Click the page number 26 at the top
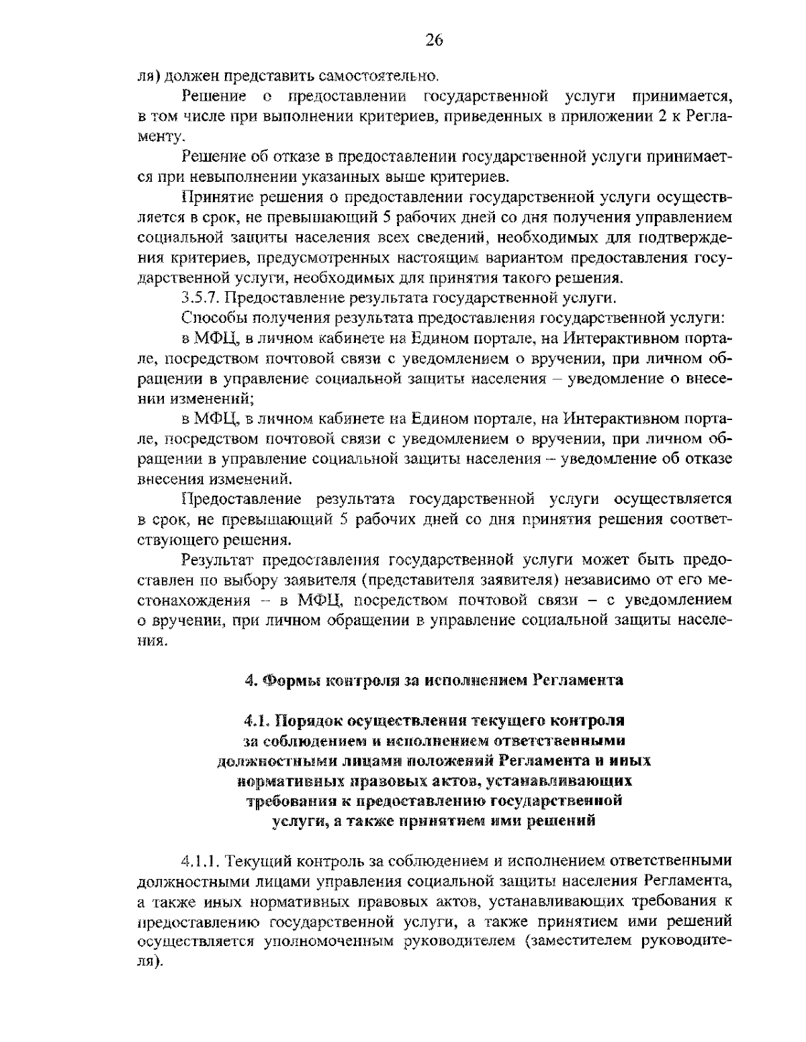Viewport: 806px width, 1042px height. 434,40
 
